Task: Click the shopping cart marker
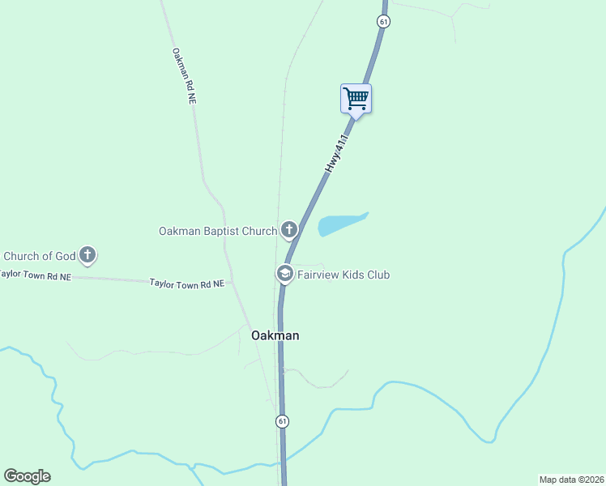click(x=356, y=100)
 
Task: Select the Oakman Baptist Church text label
click(x=217, y=231)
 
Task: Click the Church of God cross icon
click(x=88, y=256)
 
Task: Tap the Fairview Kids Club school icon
click(x=284, y=275)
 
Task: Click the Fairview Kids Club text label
click(x=344, y=275)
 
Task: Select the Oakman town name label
click(x=275, y=335)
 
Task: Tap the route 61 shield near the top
click(x=383, y=21)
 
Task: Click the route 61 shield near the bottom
click(x=281, y=421)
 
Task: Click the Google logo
click(x=27, y=476)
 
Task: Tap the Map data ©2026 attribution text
click(x=571, y=479)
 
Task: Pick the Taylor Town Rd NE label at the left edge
click(x=36, y=275)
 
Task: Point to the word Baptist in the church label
click(x=222, y=231)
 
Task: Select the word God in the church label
click(x=65, y=257)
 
